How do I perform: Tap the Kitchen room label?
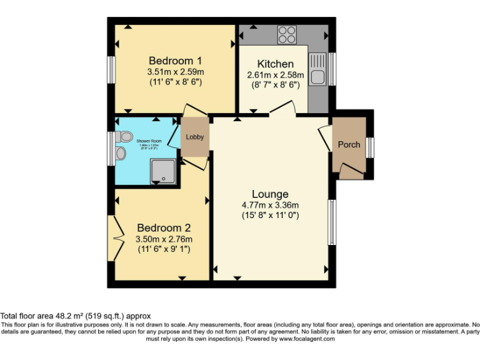[276, 64]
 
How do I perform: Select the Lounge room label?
[270, 194]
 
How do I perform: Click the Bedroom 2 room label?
[164, 228]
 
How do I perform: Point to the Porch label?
[349, 144]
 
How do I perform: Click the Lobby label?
[194, 137]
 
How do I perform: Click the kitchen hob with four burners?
[287, 34]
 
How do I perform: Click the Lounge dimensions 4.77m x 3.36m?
[270, 205]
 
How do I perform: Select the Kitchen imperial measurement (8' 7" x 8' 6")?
[276, 85]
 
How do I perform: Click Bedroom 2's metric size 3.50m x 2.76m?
[164, 239]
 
